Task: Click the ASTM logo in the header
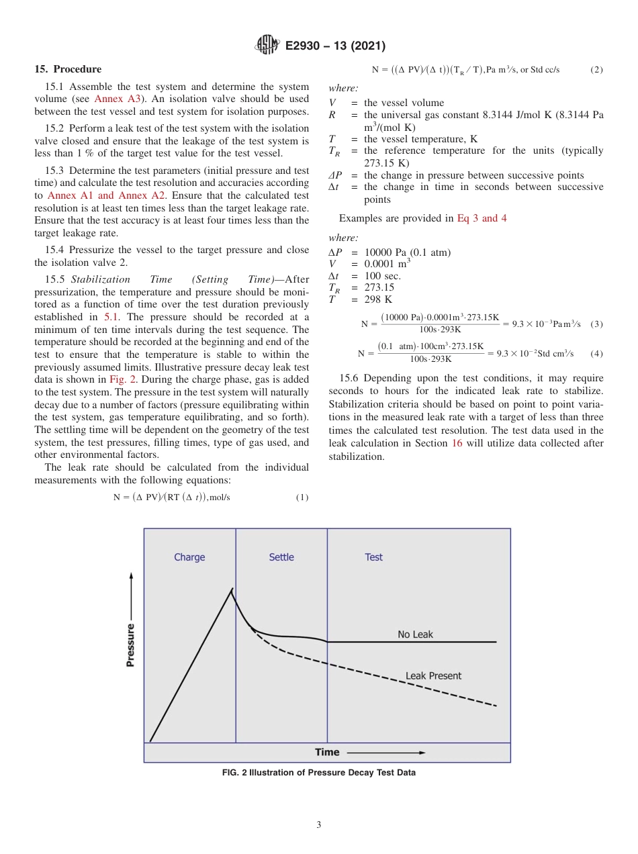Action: click(x=269, y=46)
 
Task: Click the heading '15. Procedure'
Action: click(x=68, y=69)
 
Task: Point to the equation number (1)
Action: click(x=302, y=497)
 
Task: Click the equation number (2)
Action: click(x=596, y=70)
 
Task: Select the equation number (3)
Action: click(x=596, y=324)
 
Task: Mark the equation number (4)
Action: click(x=596, y=353)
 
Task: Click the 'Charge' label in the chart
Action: click(x=189, y=557)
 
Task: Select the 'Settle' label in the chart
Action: click(x=281, y=557)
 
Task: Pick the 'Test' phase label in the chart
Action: click(x=373, y=557)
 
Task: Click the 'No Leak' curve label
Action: click(x=415, y=634)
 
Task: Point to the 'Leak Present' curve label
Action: click(x=433, y=676)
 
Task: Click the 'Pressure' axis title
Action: click(x=131, y=645)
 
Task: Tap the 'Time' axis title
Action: click(x=328, y=752)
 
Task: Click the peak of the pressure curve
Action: click(x=232, y=589)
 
